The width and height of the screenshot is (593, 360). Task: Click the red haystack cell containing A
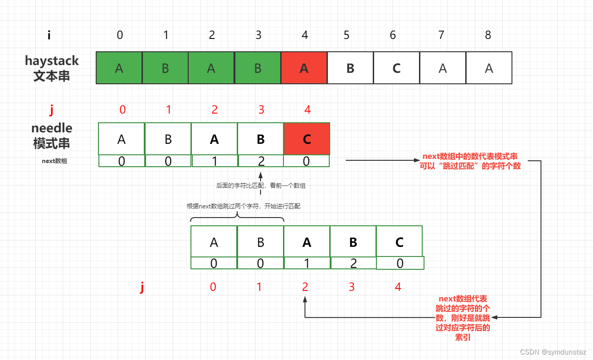(304, 68)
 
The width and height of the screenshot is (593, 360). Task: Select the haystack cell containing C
(397, 68)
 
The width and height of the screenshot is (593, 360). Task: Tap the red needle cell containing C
(306, 139)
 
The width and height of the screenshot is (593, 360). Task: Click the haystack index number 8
(488, 35)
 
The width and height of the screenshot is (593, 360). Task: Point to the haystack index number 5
(347, 35)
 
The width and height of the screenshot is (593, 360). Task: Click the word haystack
(52, 60)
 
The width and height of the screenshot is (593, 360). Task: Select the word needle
(52, 128)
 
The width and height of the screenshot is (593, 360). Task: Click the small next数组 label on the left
(54, 161)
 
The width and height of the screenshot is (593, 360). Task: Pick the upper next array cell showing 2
(261, 161)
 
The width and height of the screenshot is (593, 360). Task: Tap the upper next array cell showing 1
(214, 161)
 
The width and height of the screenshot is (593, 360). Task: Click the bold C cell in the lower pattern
(399, 242)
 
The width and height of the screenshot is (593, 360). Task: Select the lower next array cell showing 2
(353, 263)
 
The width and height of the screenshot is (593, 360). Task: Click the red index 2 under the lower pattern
(305, 287)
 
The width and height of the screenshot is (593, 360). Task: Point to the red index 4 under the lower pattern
(398, 287)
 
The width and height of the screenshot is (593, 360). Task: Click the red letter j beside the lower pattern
(142, 287)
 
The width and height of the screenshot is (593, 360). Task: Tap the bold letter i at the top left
(49, 35)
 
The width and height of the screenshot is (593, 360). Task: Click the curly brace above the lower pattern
(237, 217)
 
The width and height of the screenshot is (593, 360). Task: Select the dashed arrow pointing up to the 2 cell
(261, 183)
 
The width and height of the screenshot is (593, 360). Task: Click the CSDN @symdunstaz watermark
(554, 352)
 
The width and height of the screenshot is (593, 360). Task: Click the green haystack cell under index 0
(119, 68)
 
